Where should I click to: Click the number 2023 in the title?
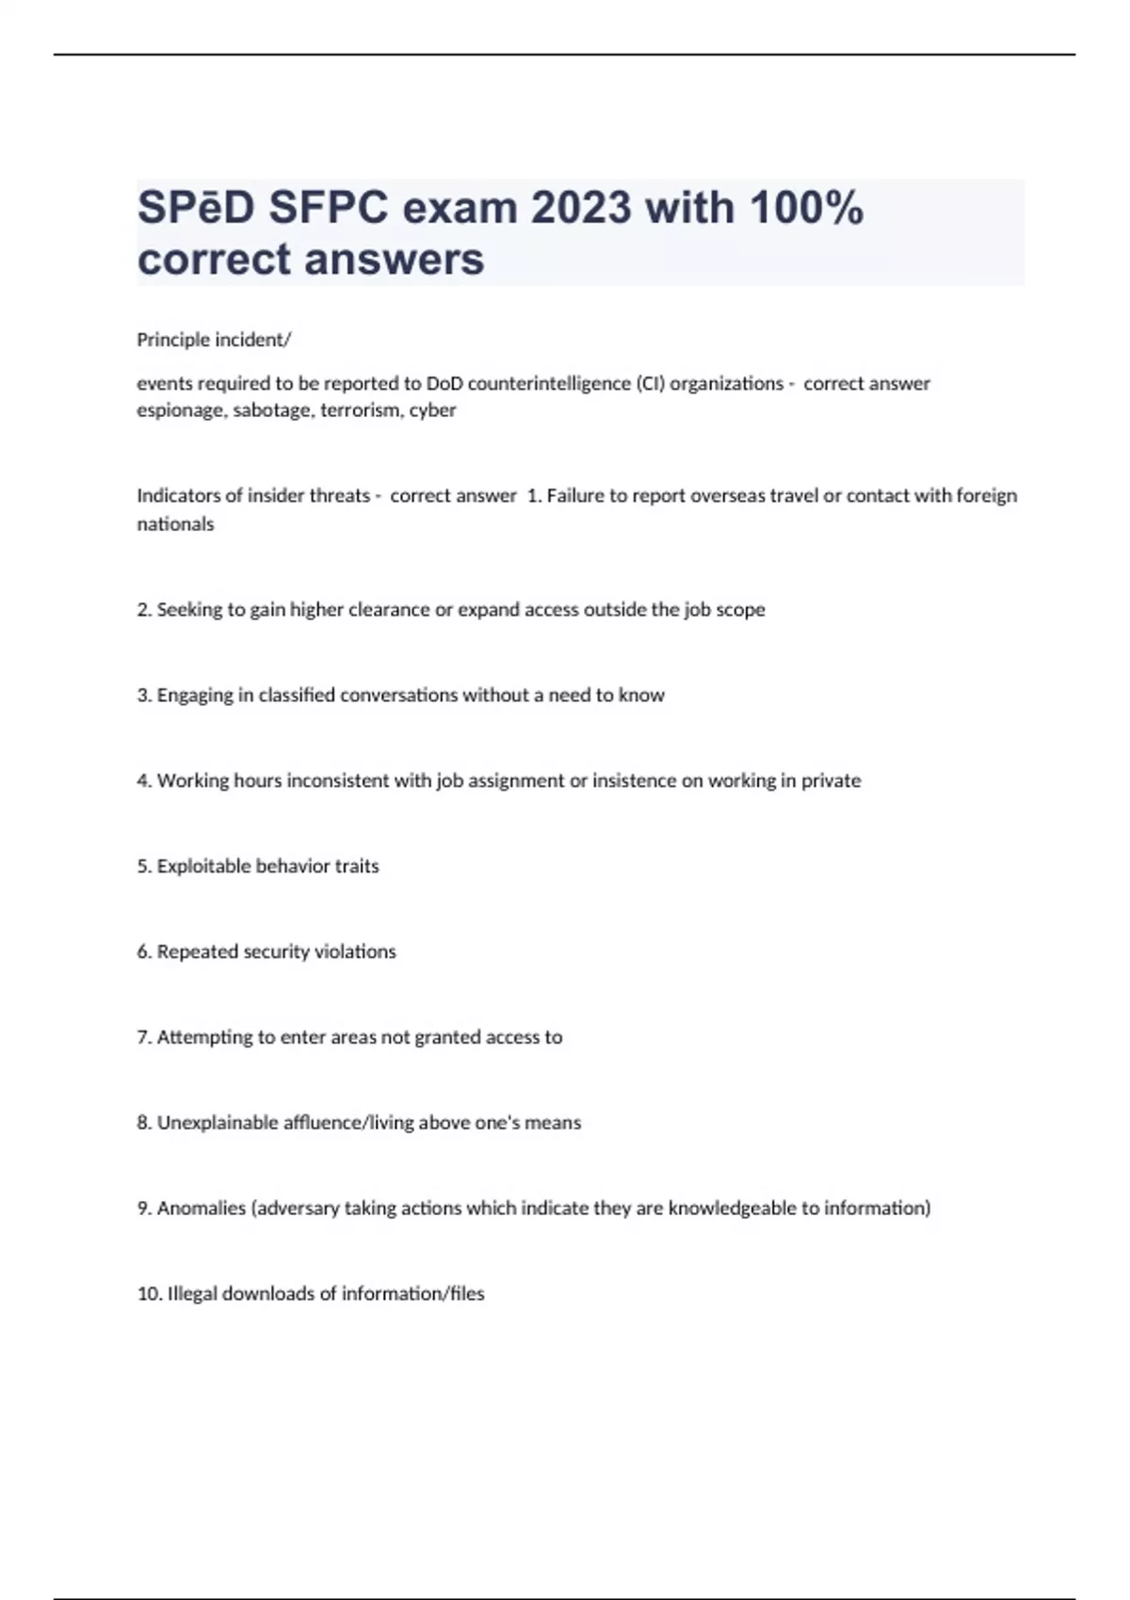pos(581,207)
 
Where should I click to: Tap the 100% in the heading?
pos(806,207)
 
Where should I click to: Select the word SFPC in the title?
pos(328,207)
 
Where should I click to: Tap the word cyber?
pos(432,410)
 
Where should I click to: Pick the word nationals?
pos(175,524)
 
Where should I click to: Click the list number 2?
pos(143,610)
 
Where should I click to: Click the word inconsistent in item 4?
pos(337,781)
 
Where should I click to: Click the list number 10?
pos(149,1294)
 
